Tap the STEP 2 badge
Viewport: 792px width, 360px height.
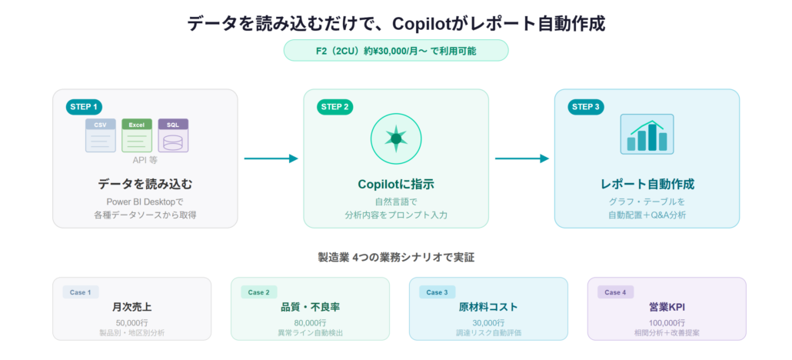coord(335,107)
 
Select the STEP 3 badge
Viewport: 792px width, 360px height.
coord(586,107)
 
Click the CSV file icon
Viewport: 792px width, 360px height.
coord(101,135)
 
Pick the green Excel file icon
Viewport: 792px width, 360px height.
coord(137,135)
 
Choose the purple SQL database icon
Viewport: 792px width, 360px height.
coord(173,135)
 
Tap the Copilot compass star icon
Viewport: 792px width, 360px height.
coord(396,138)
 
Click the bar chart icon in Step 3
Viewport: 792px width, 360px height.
coord(647,135)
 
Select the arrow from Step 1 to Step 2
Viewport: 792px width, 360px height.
coord(271,158)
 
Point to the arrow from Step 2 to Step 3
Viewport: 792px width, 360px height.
coord(521,158)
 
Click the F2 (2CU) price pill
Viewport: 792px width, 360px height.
coord(396,50)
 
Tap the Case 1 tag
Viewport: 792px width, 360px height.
coord(80,292)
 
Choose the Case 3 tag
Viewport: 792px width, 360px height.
coord(437,292)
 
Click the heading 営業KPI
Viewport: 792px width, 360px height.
coord(667,307)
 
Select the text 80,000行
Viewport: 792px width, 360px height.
coord(310,322)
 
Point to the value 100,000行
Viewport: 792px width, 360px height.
coord(667,322)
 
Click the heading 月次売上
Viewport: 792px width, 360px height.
coord(131,307)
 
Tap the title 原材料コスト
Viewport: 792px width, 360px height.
coord(488,307)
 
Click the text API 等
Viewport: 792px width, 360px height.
coord(145,160)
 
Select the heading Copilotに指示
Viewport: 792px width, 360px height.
coord(396,185)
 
